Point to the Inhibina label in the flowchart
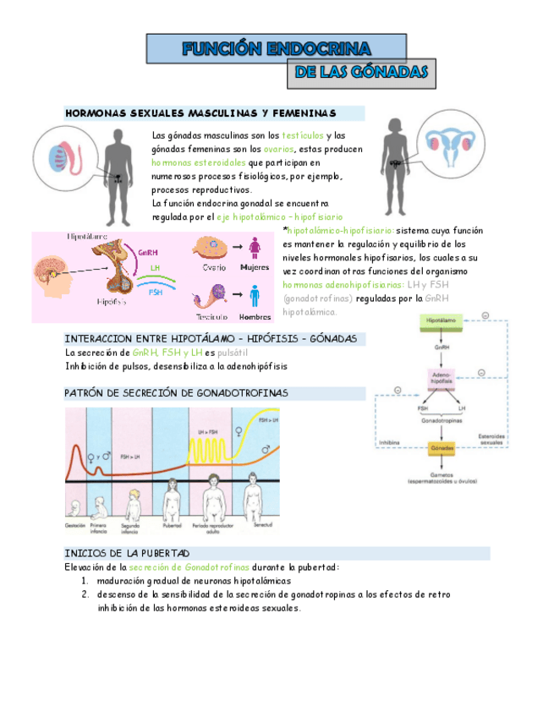click(389, 441)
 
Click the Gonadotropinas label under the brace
click(442, 419)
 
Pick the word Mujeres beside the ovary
click(254, 267)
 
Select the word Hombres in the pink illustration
click(255, 317)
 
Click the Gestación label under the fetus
click(76, 526)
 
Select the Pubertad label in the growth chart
click(175, 526)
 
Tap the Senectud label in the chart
click(263, 526)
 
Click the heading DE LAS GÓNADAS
click(361, 74)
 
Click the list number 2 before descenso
click(85, 594)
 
